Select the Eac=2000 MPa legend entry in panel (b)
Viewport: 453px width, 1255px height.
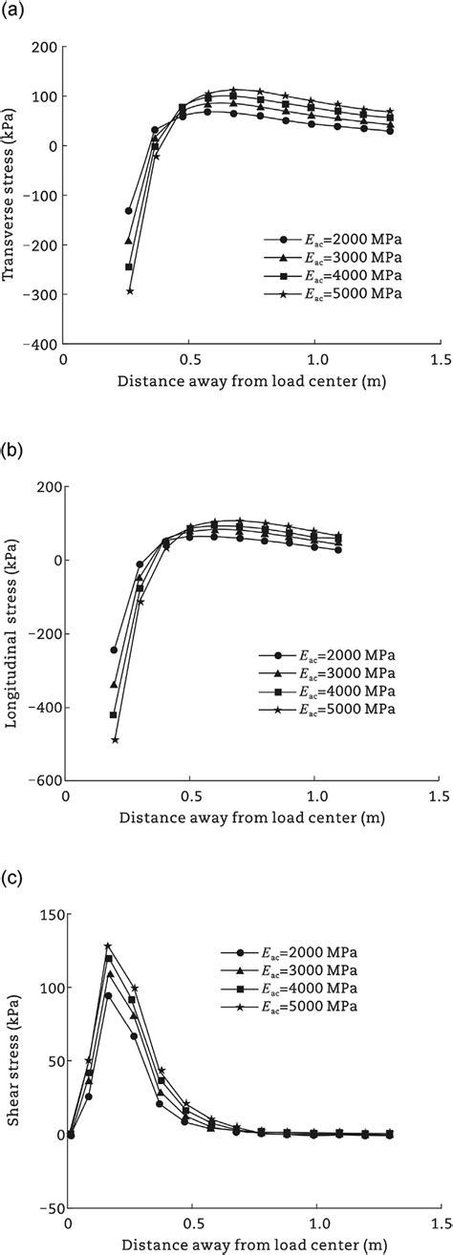click(x=334, y=656)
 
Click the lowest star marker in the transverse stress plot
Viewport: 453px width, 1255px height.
click(x=129, y=290)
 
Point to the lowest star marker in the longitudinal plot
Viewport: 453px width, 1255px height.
click(x=115, y=739)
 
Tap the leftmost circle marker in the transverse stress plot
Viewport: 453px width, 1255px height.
click(x=128, y=210)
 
